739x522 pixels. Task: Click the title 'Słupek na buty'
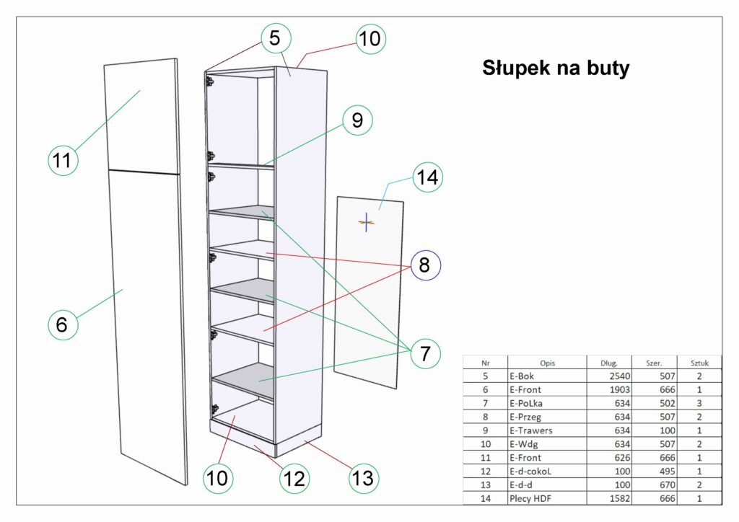click(556, 68)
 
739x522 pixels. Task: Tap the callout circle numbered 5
click(275, 38)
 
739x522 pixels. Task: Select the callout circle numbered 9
click(357, 121)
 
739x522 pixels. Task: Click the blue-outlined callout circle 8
click(424, 265)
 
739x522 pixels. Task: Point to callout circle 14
click(428, 177)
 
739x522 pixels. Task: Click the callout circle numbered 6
click(62, 324)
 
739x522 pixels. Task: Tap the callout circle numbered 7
click(424, 354)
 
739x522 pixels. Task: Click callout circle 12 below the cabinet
click(295, 477)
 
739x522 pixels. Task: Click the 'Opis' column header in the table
click(547, 363)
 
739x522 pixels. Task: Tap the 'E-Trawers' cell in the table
click(531, 430)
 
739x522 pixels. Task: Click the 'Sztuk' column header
click(699, 363)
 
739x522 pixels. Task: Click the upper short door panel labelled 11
click(142, 115)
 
